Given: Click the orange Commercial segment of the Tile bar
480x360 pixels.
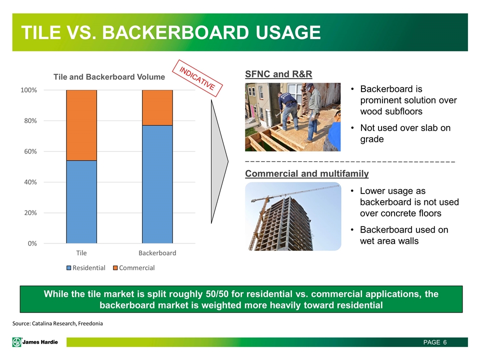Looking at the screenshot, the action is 81,125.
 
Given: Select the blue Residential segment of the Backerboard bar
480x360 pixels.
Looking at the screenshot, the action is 157,184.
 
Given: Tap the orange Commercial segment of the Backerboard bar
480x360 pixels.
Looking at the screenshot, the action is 157,108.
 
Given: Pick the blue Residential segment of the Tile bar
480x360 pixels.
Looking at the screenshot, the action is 81,202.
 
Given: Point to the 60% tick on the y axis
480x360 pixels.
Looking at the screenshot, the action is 30,151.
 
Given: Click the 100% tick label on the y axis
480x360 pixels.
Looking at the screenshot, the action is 29,90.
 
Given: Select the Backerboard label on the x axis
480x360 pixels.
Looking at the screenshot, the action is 157,253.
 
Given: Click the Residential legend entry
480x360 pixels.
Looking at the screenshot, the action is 86,268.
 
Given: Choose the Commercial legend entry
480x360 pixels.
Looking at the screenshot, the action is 134,268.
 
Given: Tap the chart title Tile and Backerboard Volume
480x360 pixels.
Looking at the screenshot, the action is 109,77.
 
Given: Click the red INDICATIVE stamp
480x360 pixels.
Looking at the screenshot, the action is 197,78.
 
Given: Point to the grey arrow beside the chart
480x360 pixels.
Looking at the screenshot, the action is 219,161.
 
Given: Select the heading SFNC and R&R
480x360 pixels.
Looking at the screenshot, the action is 278,74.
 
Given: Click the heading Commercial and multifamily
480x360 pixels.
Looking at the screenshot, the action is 306,173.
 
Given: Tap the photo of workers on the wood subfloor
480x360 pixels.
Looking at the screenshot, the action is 292,117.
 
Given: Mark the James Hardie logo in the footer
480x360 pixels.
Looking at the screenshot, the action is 35,342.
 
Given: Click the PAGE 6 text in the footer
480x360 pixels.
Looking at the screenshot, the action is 435,342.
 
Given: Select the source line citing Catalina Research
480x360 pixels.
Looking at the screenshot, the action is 57,323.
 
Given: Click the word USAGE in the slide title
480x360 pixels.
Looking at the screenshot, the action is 288,32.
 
